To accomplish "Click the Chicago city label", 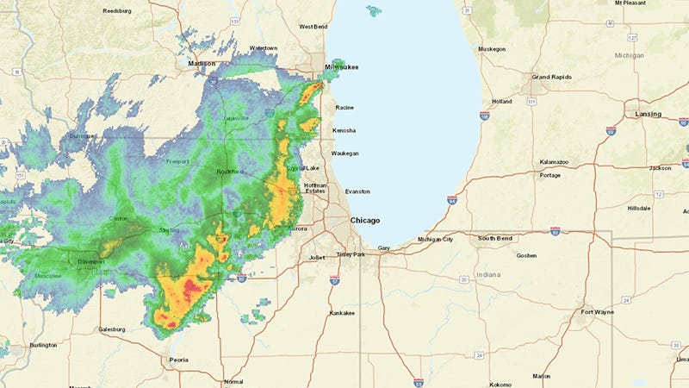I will (x=365, y=221).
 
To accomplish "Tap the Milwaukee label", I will (x=341, y=66).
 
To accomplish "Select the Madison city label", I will (x=202, y=63).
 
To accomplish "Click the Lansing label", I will (x=649, y=114).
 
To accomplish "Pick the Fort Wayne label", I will (x=598, y=311).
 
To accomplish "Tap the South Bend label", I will (x=496, y=238).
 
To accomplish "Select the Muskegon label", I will (x=492, y=49).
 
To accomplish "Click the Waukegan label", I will (x=345, y=153).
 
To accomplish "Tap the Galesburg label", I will (x=112, y=329).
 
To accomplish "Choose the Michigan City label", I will (x=436, y=239).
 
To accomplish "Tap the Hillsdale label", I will (x=639, y=209).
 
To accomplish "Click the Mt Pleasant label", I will (x=630, y=3).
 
